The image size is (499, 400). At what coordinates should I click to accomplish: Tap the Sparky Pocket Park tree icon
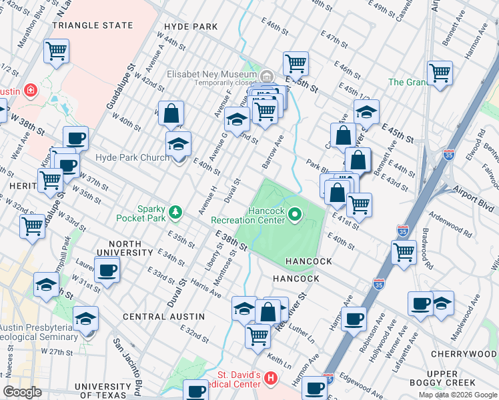tap(175, 212)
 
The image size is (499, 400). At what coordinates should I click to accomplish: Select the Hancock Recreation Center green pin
tap(295, 214)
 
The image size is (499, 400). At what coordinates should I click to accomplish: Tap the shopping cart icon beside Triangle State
tap(57, 50)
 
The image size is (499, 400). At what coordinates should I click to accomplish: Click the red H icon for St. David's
tap(270, 379)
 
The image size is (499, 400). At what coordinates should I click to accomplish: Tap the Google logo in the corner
tap(22, 392)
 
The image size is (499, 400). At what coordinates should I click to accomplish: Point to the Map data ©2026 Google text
tap(457, 395)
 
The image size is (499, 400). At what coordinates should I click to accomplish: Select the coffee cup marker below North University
tap(107, 270)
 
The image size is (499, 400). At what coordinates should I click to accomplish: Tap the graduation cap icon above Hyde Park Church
tap(178, 143)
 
